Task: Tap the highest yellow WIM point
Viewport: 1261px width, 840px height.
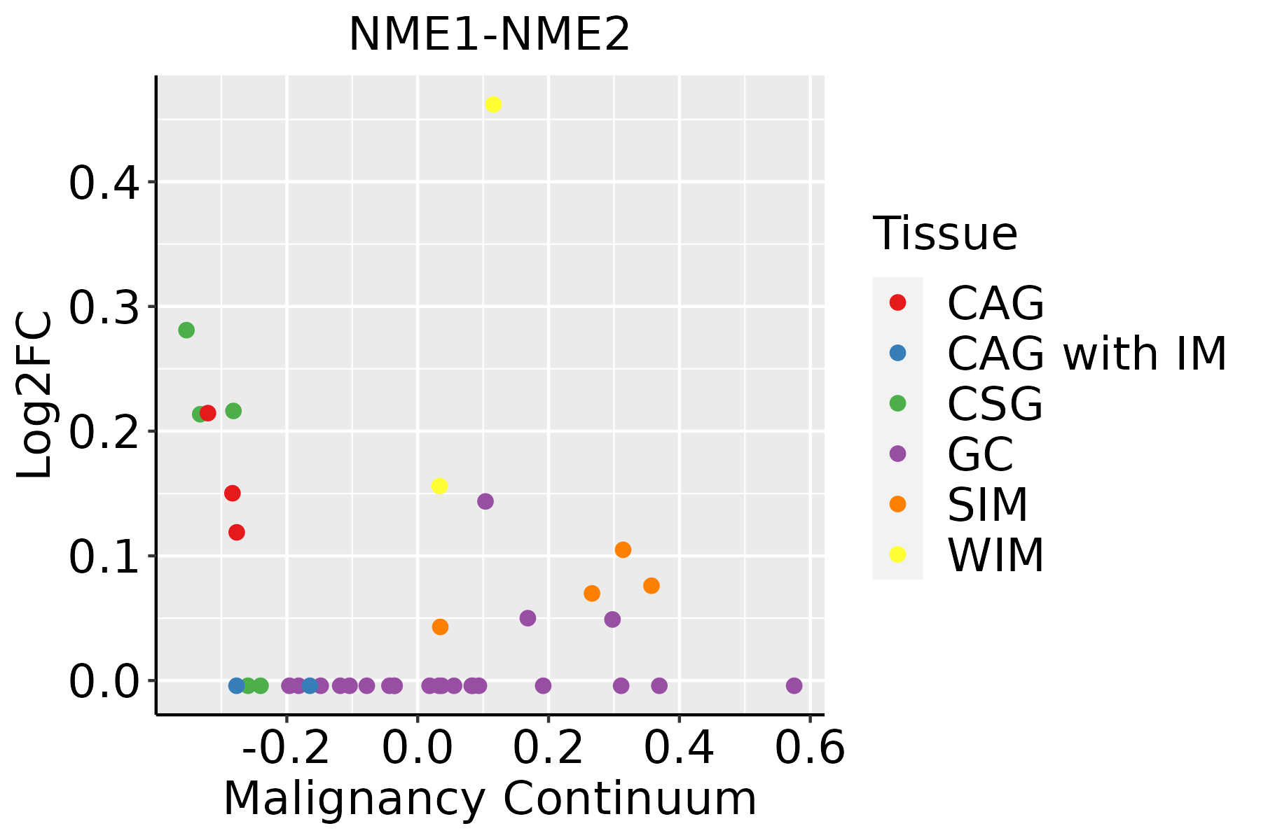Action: point(493,104)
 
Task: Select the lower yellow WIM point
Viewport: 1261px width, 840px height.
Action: point(439,486)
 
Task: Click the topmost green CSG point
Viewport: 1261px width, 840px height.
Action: point(186,330)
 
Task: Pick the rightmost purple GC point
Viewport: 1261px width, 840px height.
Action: point(794,685)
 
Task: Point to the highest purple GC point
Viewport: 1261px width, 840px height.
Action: point(485,501)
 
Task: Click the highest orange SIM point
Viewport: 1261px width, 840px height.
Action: point(623,549)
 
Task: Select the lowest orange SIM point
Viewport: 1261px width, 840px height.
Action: point(440,626)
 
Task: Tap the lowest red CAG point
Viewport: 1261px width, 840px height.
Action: point(237,532)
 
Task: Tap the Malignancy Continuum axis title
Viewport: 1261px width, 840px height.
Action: point(490,799)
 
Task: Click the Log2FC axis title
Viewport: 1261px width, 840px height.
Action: point(35,395)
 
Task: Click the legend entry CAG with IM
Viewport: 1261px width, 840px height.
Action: point(1086,353)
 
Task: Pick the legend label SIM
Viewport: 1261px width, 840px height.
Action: point(987,504)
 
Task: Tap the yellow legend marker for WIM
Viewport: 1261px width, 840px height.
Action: point(897,554)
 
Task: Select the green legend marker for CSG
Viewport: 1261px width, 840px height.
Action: point(897,403)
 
